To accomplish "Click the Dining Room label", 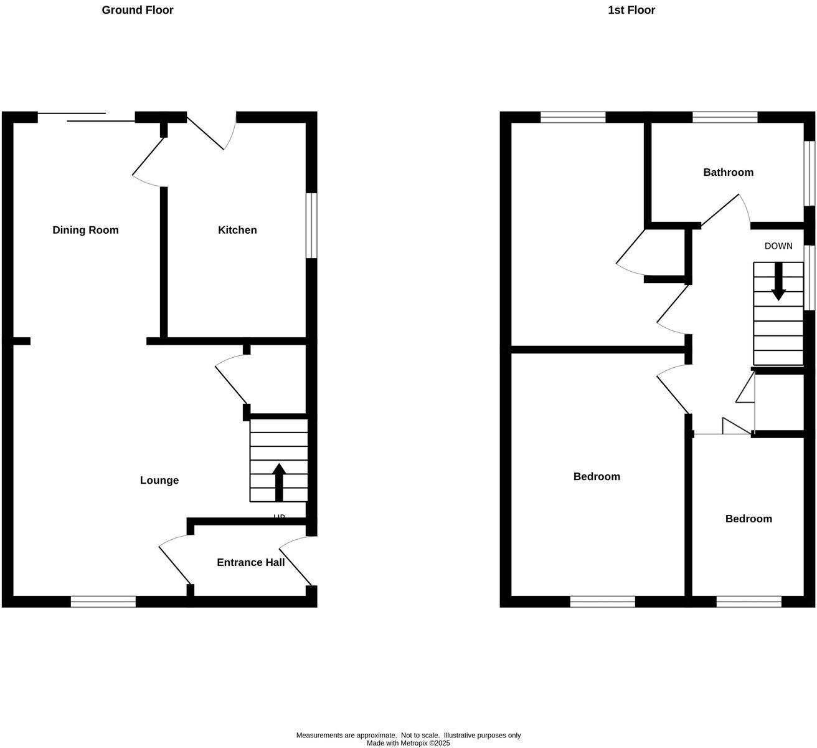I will click(85, 230).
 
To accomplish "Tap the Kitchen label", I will click(237, 230).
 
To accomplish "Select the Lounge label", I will click(159, 480).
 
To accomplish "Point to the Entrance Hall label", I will click(250, 562).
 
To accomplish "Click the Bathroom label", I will click(728, 172).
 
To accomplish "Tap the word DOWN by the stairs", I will click(778, 246).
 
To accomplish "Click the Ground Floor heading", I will click(138, 10).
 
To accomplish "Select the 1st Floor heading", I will click(631, 10).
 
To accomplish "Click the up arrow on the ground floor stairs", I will click(279, 481).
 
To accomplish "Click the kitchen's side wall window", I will click(311, 225).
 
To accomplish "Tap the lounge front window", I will click(103, 602).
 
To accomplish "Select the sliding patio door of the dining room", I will click(86, 117).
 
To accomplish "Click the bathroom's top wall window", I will click(725, 117).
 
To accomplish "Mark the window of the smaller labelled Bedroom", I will click(749, 602).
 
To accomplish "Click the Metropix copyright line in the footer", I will click(408, 743).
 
